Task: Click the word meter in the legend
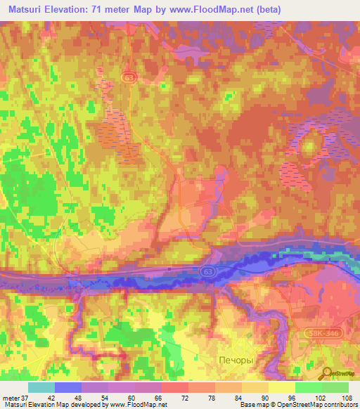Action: click(x=13, y=397)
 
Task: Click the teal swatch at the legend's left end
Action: click(x=41, y=387)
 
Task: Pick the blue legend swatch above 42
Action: click(x=68, y=387)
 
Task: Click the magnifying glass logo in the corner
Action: click(x=327, y=374)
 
